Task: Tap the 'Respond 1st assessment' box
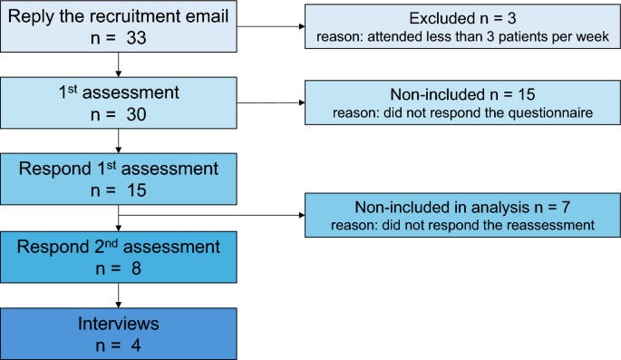tap(120, 178)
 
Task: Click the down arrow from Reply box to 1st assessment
tap(120, 65)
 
